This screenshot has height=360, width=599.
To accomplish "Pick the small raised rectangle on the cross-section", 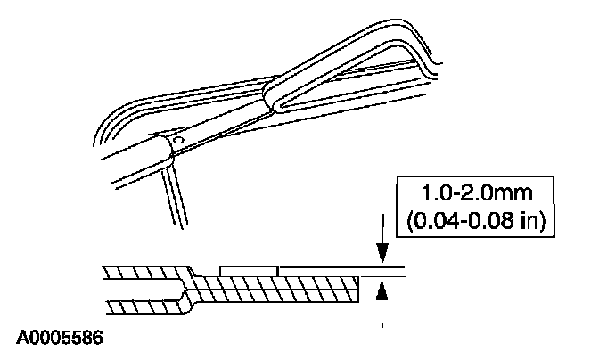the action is point(249,269).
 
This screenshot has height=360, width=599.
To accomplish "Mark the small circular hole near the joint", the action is point(178,140).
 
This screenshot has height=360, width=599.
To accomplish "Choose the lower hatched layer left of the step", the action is point(143,307).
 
